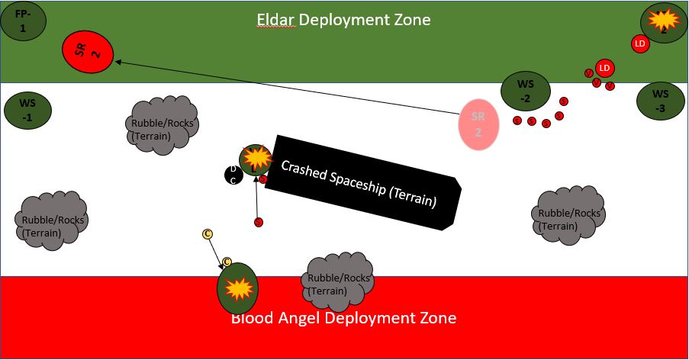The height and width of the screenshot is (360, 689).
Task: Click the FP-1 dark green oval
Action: (22, 21)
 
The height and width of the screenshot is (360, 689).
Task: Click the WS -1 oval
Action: (27, 111)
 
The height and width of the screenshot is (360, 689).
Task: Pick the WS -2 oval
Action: (525, 91)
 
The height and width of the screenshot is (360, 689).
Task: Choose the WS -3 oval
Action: (661, 100)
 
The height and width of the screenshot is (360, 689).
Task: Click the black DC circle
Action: (233, 175)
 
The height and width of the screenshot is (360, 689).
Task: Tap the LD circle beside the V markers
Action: (604, 68)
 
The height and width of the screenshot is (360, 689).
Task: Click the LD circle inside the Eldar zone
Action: (640, 43)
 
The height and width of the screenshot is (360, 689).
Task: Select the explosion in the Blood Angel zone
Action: (239, 288)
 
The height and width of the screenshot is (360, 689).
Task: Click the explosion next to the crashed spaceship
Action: (256, 158)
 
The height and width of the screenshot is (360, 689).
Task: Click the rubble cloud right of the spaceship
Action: (568, 215)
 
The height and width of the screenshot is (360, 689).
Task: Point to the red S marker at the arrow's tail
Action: (258, 222)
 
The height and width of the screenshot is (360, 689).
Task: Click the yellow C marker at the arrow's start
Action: (207, 233)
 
